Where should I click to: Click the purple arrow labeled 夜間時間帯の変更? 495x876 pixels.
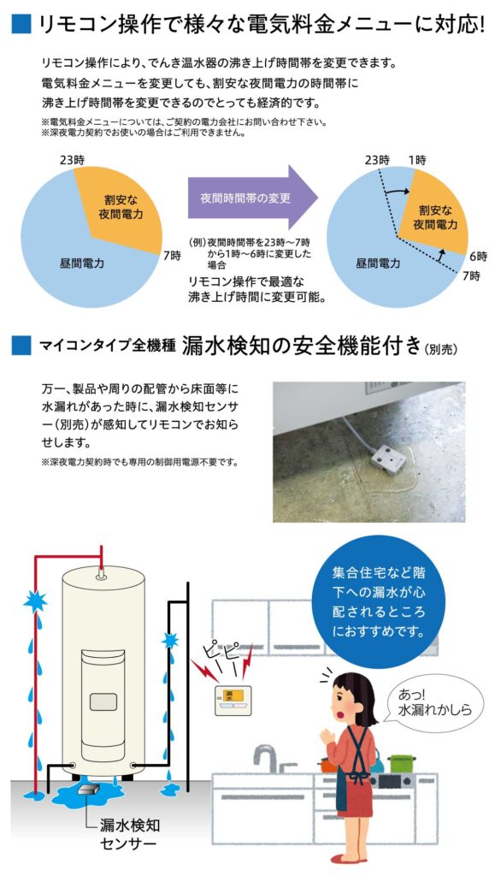(x=252, y=198)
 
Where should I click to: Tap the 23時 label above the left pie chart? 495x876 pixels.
(x=74, y=160)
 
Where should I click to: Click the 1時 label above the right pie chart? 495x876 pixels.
(x=417, y=160)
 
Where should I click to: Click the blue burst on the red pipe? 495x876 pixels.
(x=35, y=601)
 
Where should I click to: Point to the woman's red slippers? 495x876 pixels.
(x=345, y=857)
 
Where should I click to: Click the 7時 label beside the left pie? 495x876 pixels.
(x=173, y=257)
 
